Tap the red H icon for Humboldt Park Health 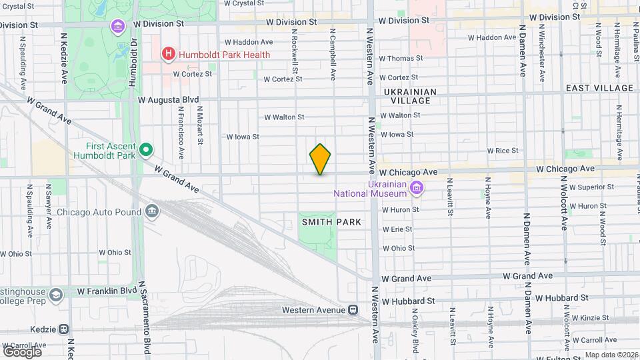click(169, 53)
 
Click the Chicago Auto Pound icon click(153, 212)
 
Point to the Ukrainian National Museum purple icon click(417, 188)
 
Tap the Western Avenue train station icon click(353, 310)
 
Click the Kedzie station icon click(64, 329)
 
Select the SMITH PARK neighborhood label click(331, 221)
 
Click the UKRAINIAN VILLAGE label click(410, 97)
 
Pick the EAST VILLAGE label click(599, 88)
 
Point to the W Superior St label click(587, 187)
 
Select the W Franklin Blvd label click(107, 291)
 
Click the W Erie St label click(397, 229)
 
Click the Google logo click(21, 351)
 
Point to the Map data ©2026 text click(610, 355)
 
